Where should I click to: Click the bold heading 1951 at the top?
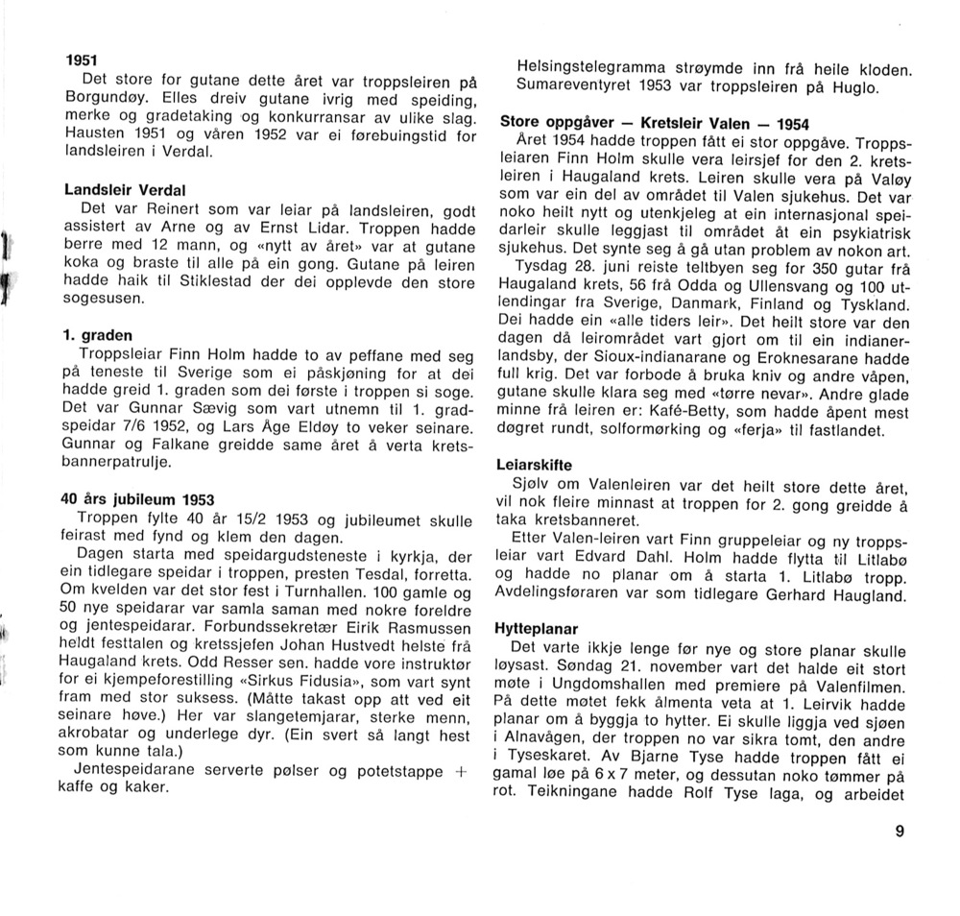81,60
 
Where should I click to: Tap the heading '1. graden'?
94,335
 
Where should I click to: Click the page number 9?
899,832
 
